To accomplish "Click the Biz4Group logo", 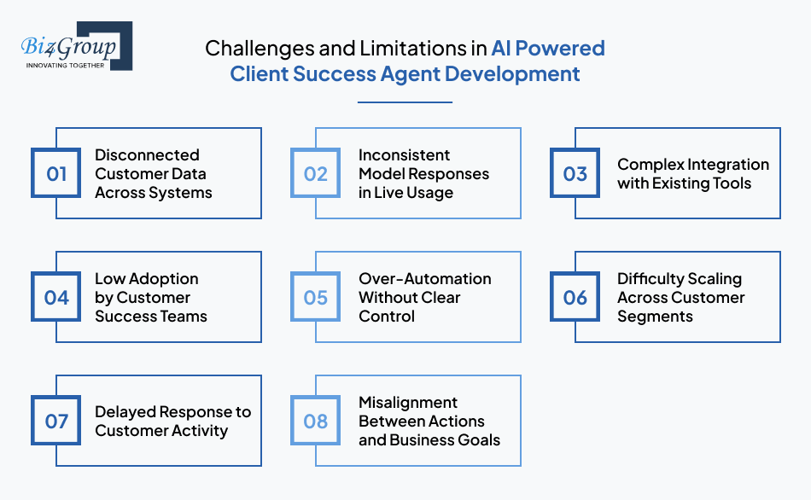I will coord(76,46).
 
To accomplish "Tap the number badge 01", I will coord(56,174).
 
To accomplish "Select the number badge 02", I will coord(316,174).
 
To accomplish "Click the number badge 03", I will coord(575,174).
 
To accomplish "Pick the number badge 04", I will coord(56,298).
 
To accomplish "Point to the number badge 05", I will coord(316,298).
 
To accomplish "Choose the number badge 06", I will coord(575,298).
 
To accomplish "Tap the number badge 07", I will coord(56,422).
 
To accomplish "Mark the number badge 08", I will coord(316,422).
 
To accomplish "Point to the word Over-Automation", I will coord(424,279).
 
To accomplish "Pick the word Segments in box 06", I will coord(656,317).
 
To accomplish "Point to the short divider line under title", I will coord(405,102).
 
